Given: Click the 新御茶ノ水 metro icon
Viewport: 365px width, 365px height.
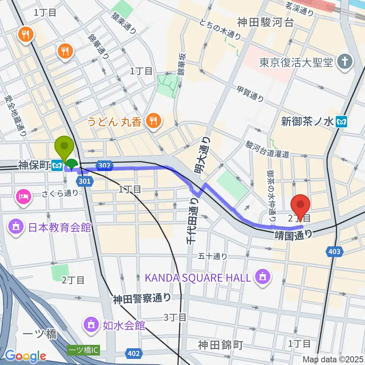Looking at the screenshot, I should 342,121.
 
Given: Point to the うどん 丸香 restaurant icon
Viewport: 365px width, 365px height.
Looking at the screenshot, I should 154,121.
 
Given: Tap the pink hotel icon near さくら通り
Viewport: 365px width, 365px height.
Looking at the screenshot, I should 23,197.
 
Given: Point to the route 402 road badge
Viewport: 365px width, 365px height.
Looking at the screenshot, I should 133,354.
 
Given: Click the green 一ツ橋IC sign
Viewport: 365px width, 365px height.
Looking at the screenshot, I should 83,350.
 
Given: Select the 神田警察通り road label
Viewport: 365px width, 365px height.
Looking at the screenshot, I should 141,299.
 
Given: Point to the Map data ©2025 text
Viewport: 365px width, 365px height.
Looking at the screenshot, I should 333,359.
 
